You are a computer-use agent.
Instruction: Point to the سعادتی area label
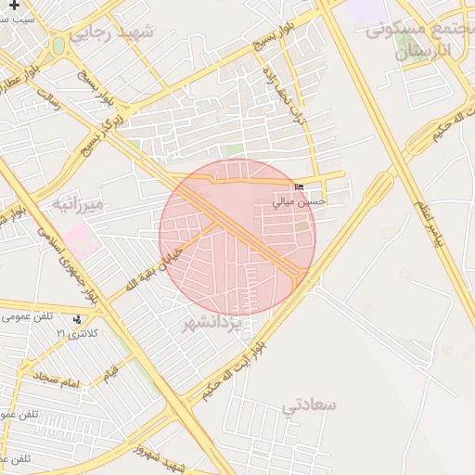pyautogui.click(x=311, y=405)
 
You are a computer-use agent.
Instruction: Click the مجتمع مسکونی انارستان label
pyautogui.click(x=419, y=39)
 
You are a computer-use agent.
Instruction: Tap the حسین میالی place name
pyautogui.click(x=299, y=199)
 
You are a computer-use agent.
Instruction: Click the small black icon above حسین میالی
pyautogui.click(x=298, y=186)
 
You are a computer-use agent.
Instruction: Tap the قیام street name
pyautogui.click(x=111, y=371)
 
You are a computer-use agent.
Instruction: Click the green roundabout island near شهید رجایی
pyautogui.click(x=58, y=45)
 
